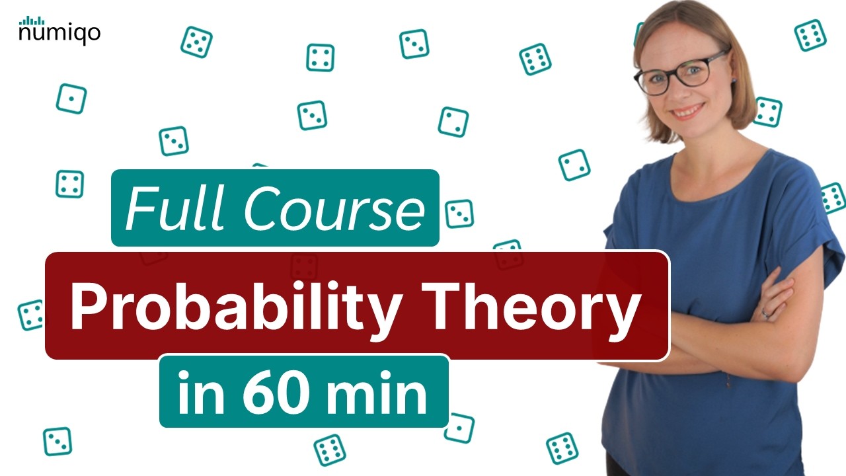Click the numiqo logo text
(59, 33)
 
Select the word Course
(334, 208)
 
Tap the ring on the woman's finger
(765, 312)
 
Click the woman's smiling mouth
(689, 111)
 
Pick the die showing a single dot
(71, 99)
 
